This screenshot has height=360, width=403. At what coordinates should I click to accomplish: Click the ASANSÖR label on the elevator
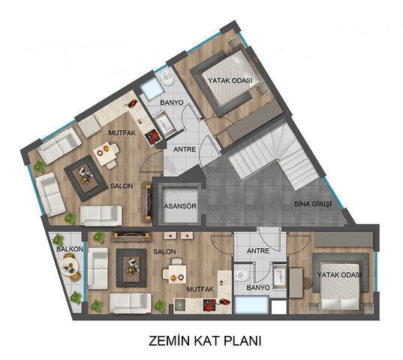pyautogui.click(x=180, y=206)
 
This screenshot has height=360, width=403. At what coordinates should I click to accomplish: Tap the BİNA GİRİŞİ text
pyautogui.click(x=313, y=204)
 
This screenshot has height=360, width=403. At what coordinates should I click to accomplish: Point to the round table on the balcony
pyautogui.click(x=69, y=267)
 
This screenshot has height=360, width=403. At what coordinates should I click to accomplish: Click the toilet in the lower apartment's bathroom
pyautogui.click(x=242, y=276)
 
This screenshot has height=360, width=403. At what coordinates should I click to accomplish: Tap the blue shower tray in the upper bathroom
pyautogui.click(x=152, y=88)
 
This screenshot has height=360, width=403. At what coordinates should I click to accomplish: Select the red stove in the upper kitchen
pyautogui.click(x=152, y=136)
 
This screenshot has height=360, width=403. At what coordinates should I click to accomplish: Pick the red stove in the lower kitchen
pyautogui.click(x=210, y=304)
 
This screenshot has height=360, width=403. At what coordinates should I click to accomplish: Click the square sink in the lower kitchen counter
pyautogui.click(x=180, y=304)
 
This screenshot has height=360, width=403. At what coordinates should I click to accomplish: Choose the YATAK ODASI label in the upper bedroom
pyautogui.click(x=230, y=80)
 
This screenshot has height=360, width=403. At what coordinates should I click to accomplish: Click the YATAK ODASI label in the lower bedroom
pyautogui.click(x=339, y=275)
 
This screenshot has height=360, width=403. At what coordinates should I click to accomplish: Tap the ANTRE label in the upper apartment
pyautogui.click(x=185, y=149)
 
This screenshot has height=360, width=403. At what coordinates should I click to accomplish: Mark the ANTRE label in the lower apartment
pyautogui.click(x=258, y=250)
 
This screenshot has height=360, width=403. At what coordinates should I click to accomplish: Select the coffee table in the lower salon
pyautogui.click(x=131, y=268)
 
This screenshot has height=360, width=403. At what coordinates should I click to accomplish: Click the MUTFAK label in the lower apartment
pyautogui.click(x=200, y=289)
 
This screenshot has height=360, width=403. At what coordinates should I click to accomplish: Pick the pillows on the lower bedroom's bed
pyautogui.click(x=340, y=304)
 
